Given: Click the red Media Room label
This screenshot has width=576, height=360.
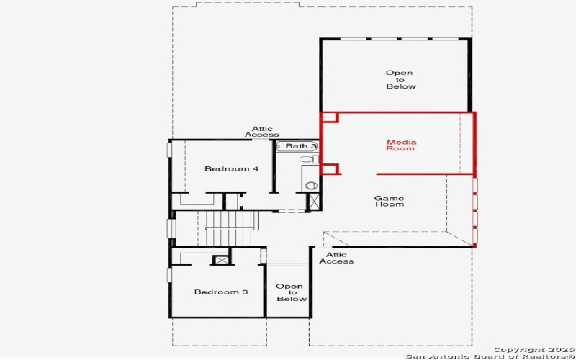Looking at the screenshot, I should click(400, 145).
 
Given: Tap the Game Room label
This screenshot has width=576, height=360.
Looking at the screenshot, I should click(389, 201).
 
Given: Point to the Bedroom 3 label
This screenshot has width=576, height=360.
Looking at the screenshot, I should click(221, 292).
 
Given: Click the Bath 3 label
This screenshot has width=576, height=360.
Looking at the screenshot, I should click(298, 146).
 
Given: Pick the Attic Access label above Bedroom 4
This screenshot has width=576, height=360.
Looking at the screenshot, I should click(262, 132).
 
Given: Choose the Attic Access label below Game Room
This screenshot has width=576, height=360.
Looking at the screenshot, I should click(336, 258).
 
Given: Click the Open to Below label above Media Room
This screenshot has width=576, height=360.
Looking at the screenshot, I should click(400, 79).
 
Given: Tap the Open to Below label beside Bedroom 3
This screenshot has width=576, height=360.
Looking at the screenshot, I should click(291, 292).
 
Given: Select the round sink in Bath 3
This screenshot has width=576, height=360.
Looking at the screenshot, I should click(311, 185).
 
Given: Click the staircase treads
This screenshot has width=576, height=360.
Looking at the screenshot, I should click(231, 228).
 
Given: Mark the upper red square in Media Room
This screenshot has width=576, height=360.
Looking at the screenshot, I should click(329, 117).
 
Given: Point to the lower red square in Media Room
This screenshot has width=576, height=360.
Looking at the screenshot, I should click(330, 169).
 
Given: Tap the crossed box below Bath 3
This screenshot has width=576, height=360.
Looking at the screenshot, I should click(314, 202).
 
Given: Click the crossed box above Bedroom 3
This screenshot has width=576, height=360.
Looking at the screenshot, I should click(222, 260).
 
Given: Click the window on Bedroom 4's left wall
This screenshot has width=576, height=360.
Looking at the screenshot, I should click(170, 149).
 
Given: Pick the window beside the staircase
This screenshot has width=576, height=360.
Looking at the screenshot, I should click(171, 228).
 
